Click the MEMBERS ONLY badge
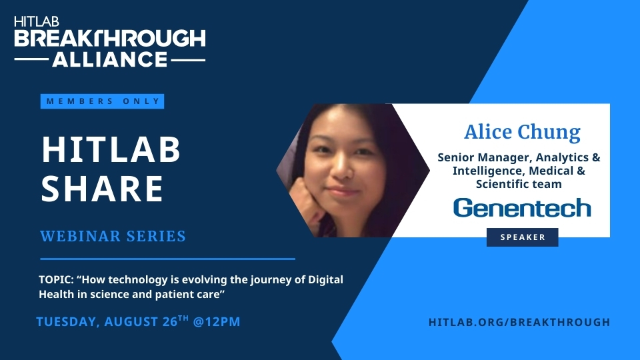tap(102, 101)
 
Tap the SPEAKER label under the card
tap(523, 237)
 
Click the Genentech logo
tap(522, 208)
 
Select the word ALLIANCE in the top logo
tap(110, 59)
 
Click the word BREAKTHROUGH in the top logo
tap(110, 39)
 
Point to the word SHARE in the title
tap(103, 188)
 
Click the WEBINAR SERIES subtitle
tap(113, 236)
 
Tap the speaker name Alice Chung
tap(522, 132)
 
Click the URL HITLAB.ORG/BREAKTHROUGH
tap(519, 322)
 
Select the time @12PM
tap(216, 321)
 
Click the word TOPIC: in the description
tap(56, 280)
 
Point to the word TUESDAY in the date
tap(66, 322)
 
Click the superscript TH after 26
tap(183, 317)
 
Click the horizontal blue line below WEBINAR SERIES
tap(167, 259)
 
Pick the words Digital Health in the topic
tap(191, 287)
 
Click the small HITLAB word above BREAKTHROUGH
tap(37, 21)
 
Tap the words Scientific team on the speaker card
tap(519, 184)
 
